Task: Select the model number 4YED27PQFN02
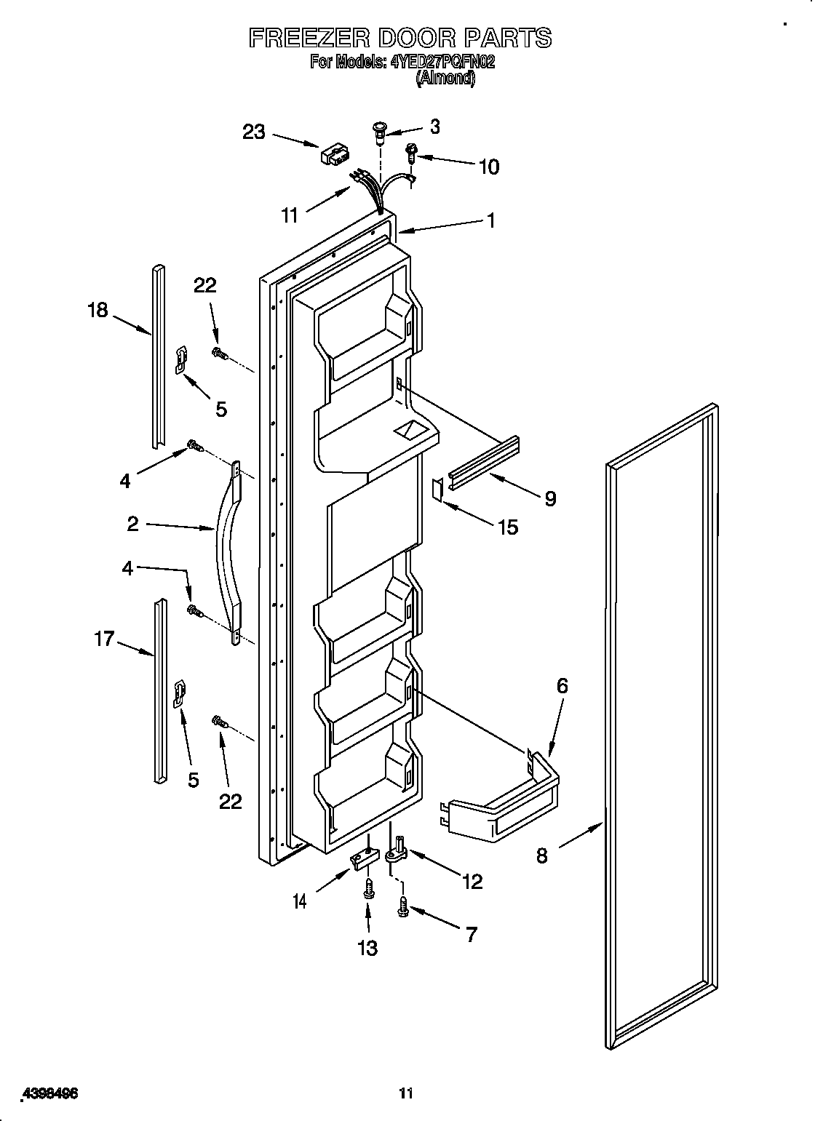[443, 62]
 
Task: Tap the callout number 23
[254, 132]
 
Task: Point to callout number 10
[489, 167]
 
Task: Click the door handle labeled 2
[227, 553]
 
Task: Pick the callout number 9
[550, 498]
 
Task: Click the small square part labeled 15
[438, 489]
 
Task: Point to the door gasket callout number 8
[541, 855]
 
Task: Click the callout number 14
[300, 901]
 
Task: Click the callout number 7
[471, 934]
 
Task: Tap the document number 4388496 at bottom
[50, 1074]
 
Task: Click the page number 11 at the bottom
[406, 1073]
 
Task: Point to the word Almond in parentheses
[446, 79]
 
